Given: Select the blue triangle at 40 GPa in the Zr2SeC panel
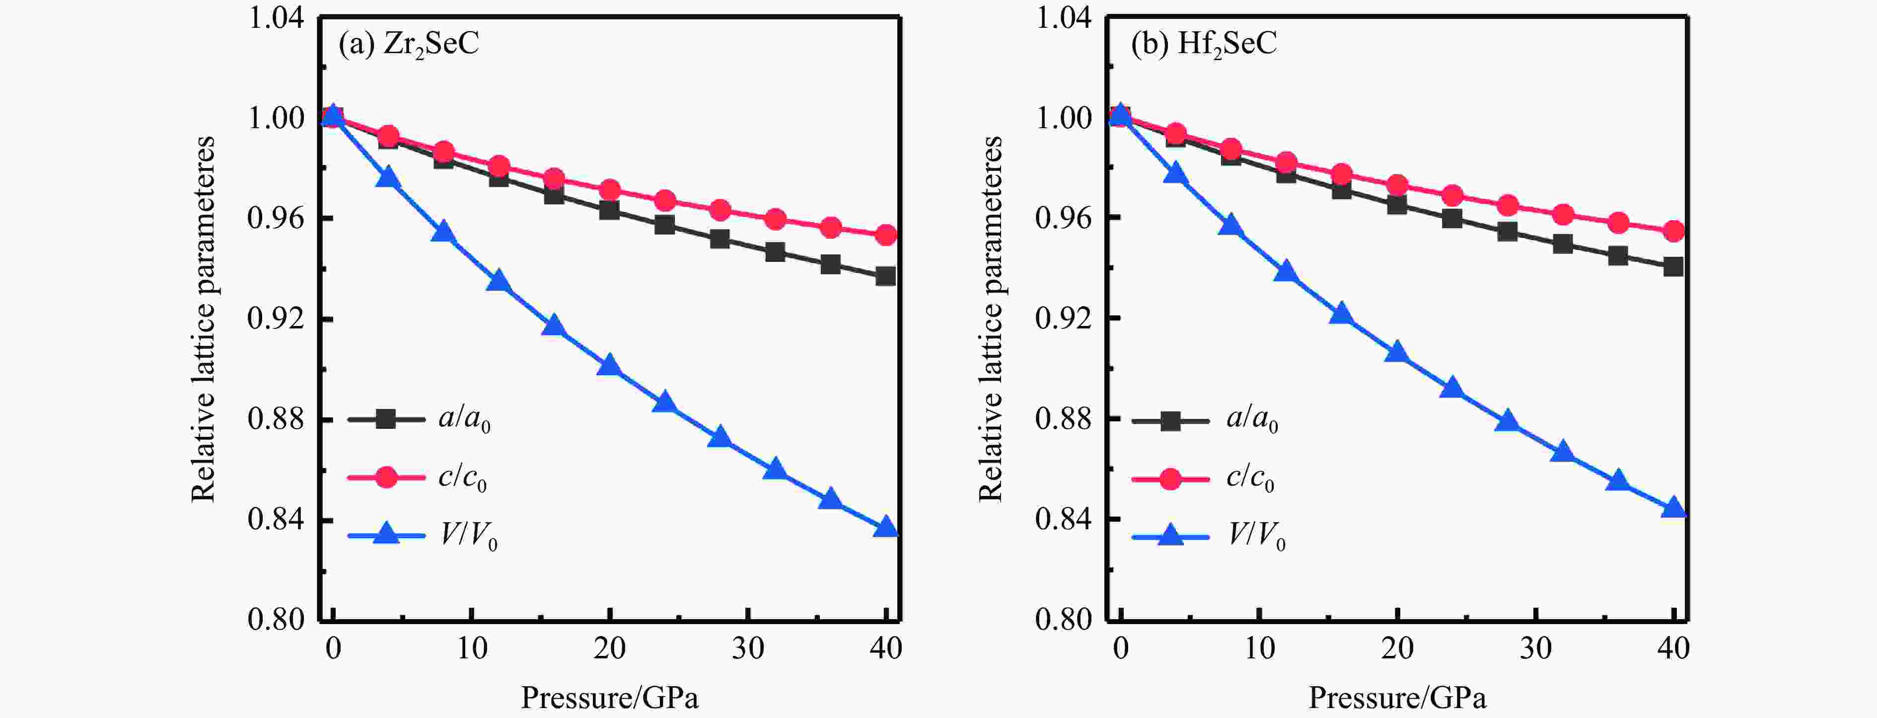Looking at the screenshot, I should [x=886, y=527].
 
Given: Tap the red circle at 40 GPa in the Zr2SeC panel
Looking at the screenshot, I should [x=886, y=235].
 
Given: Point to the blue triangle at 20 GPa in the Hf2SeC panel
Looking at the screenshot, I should [x=1397, y=353].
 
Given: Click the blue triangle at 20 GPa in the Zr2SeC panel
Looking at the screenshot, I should [x=609, y=366].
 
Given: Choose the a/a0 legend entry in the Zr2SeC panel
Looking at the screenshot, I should [x=419, y=419].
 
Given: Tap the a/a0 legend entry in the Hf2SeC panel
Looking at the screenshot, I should [x=1206, y=420].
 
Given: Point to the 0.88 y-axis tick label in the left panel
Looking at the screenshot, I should [x=276, y=420].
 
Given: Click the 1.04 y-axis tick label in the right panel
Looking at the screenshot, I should [x=1064, y=18].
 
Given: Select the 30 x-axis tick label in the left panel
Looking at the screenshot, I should [x=748, y=648].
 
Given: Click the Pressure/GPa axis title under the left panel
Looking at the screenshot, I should [x=609, y=698].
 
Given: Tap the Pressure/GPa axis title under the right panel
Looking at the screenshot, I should [x=1397, y=698].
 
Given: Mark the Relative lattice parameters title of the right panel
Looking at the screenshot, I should [x=990, y=319].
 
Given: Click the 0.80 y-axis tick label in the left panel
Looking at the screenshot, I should [x=276, y=620].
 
